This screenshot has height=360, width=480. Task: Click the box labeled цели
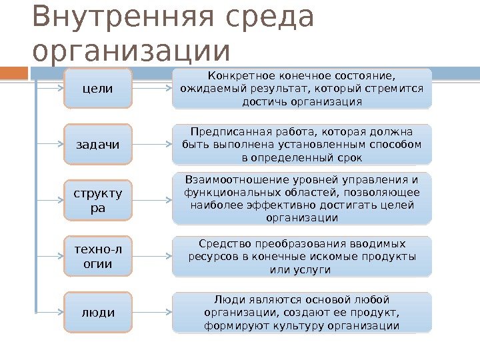pyautogui.click(x=97, y=88)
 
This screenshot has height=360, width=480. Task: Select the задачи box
pyautogui.click(x=97, y=145)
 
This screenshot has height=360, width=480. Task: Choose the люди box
pyautogui.click(x=97, y=312)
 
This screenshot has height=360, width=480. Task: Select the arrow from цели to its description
pyautogui.click(x=152, y=87)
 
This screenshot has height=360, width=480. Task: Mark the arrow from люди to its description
pyautogui.click(x=152, y=311)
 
